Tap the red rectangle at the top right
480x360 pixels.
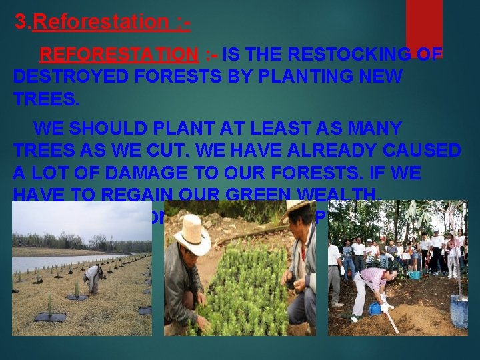424,23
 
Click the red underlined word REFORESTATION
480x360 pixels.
120,54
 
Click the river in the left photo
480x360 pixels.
53,262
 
